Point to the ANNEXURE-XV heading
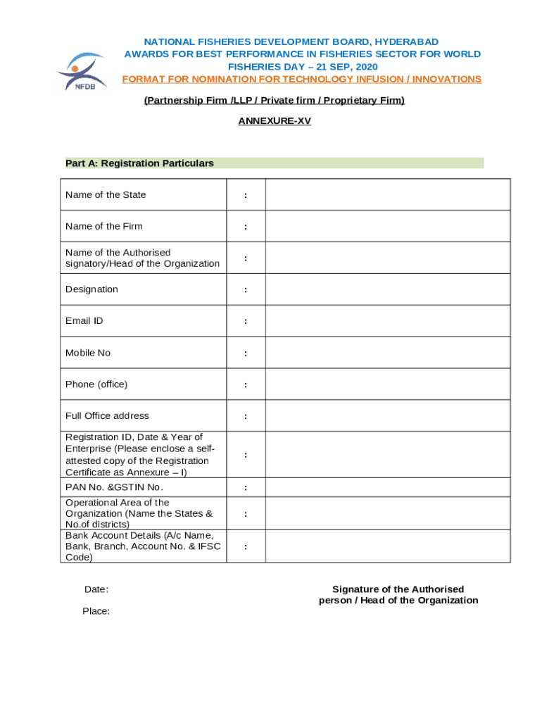[275, 121]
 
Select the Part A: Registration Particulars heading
[139, 163]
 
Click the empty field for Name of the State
[387, 195]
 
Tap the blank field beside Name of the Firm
[387, 227]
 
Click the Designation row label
[92, 289]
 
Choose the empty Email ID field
[387, 321]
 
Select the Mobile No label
[88, 353]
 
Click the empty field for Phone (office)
[387, 384]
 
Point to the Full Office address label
[107, 415]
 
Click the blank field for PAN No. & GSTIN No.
[387, 487]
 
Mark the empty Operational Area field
[387, 513]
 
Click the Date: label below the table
[96, 589]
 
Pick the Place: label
[96, 611]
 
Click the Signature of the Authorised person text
[398, 595]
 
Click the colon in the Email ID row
[245, 321]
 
